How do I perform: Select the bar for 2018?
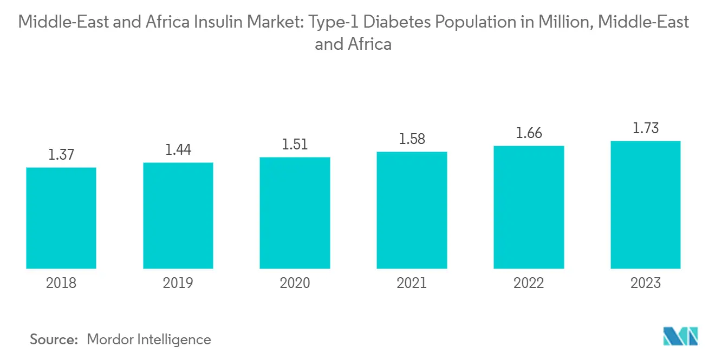tap(61, 218)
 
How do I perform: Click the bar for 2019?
tap(178, 215)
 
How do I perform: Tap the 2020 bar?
tap(295, 213)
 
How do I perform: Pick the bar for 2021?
tap(412, 210)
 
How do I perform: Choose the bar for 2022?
tap(529, 207)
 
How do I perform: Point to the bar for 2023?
tap(646, 205)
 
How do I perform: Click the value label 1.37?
tap(61, 155)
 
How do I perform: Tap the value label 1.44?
tap(178, 150)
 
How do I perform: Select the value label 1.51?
tap(295, 145)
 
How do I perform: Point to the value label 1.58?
tap(412, 139)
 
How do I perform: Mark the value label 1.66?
tap(529, 133)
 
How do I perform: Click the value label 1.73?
tap(646, 128)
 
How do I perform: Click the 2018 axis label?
tap(61, 283)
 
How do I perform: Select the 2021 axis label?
tap(412, 283)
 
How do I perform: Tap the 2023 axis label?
tap(646, 283)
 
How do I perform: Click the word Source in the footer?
tap(54, 339)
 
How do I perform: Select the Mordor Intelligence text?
tap(149, 339)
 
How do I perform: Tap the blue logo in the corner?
tap(681, 337)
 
